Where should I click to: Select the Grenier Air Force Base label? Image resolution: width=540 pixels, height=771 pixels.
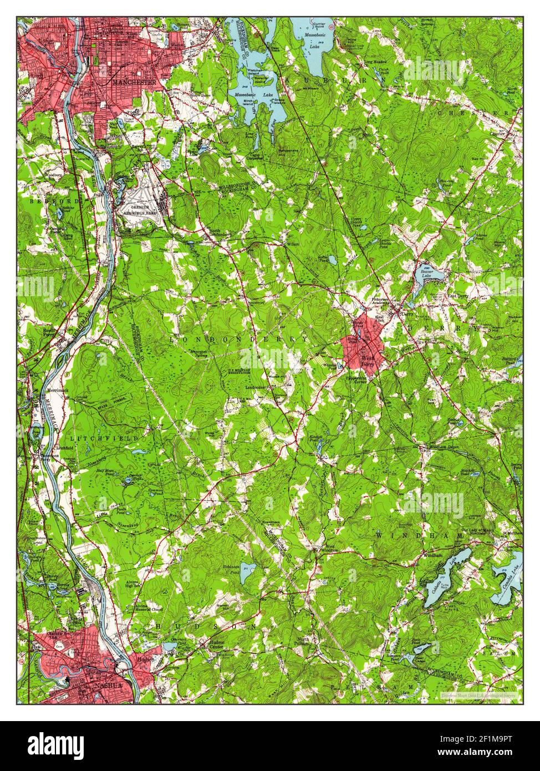[142, 210]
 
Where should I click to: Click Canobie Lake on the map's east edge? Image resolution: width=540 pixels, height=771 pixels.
[510, 580]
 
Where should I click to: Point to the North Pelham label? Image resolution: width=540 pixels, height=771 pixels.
[303, 642]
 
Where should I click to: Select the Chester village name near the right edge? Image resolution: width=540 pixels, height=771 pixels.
[495, 133]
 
